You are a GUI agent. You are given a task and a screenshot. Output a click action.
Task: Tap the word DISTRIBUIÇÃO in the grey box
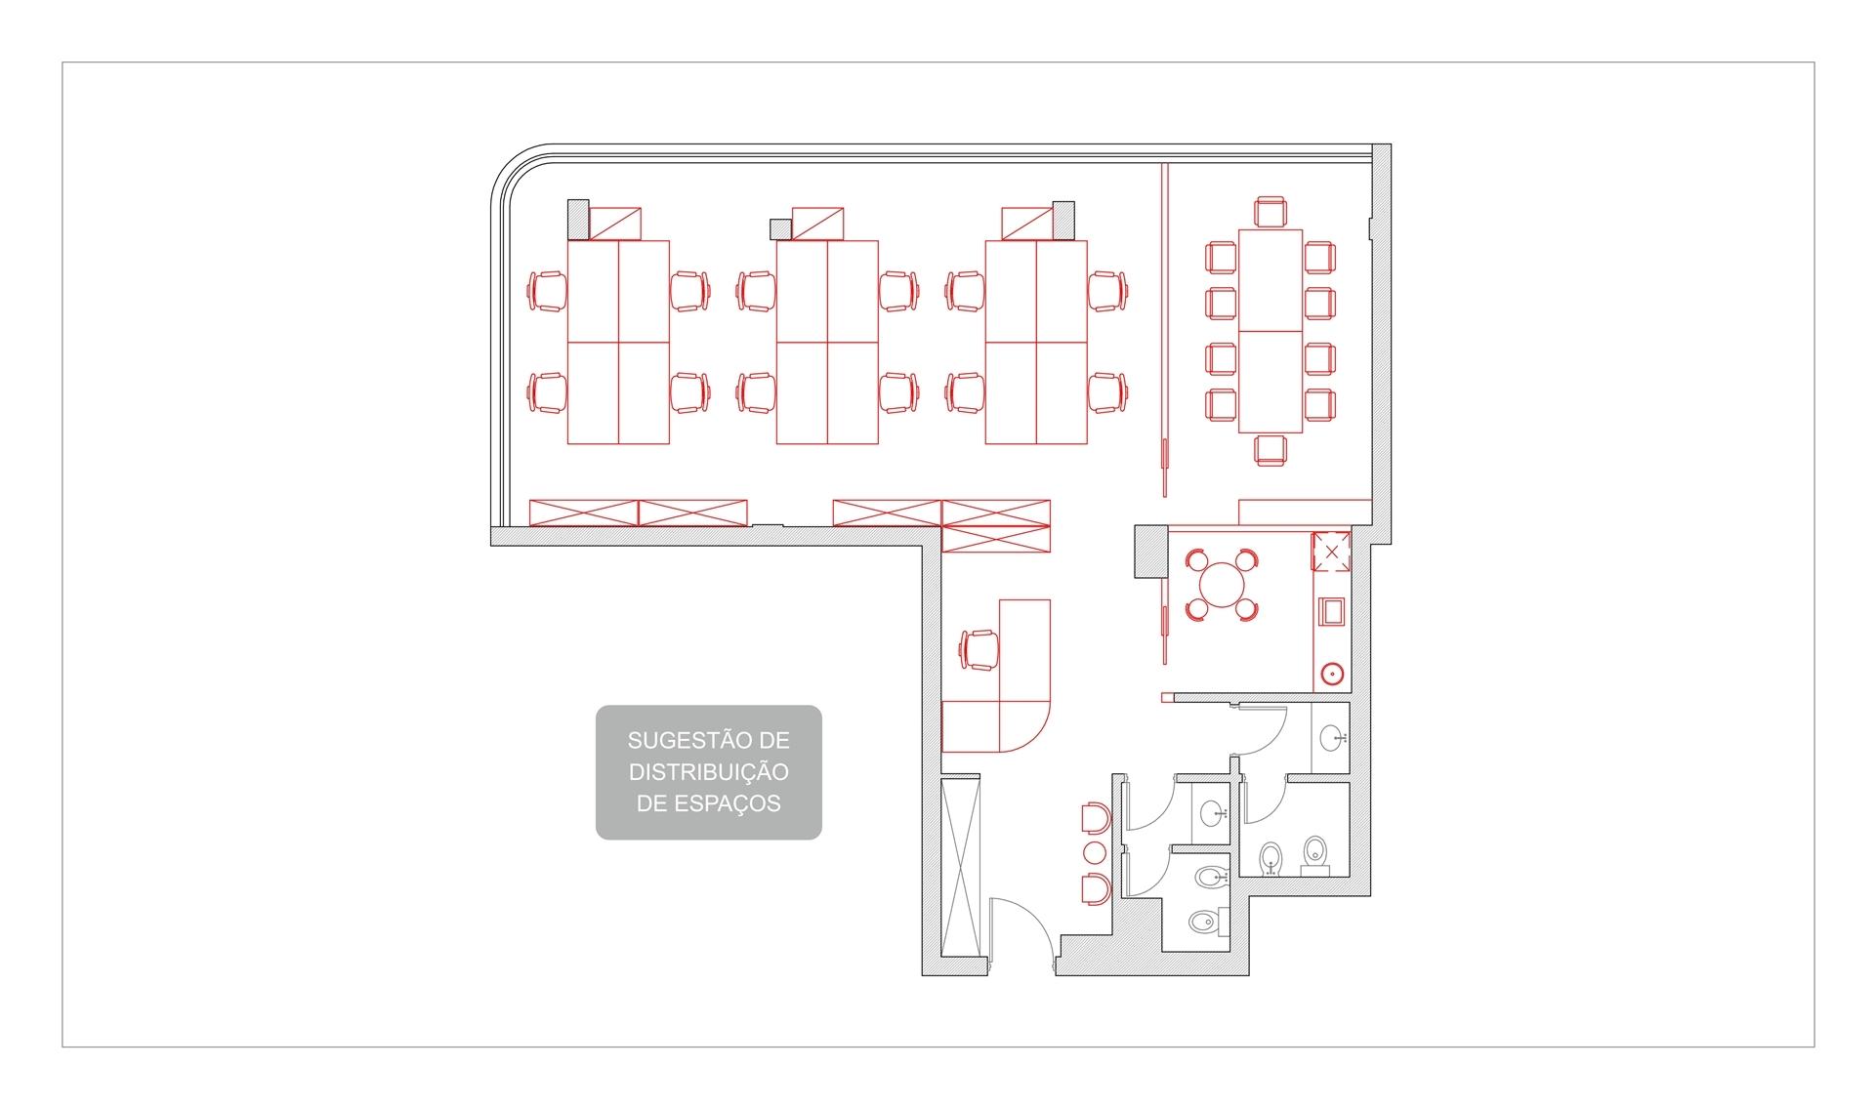[708, 771]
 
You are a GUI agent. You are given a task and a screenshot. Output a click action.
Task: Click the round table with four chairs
[1221, 585]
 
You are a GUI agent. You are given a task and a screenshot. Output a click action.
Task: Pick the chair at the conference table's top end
[1270, 212]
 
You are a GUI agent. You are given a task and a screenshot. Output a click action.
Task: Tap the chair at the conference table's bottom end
[1270, 449]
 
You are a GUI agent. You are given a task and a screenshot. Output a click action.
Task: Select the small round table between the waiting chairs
[1095, 853]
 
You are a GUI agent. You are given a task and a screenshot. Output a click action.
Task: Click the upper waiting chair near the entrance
[1095, 818]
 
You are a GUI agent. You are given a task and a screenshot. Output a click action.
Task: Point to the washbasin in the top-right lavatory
[1332, 738]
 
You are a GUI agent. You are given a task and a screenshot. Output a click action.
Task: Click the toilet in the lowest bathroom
[1203, 921]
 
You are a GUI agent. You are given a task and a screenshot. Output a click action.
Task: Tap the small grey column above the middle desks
[780, 228]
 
